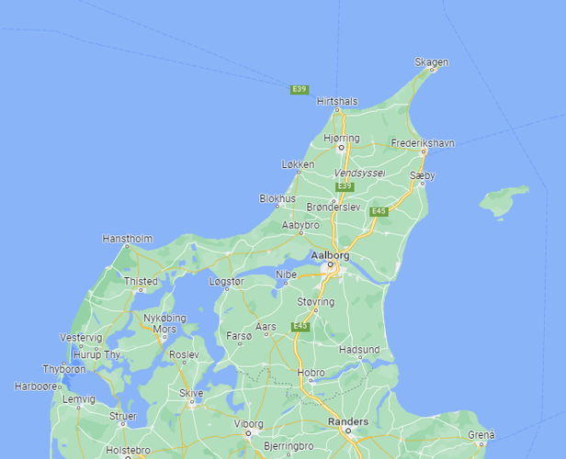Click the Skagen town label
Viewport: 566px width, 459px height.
pos(431,62)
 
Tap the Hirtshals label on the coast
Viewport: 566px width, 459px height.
pos(336,101)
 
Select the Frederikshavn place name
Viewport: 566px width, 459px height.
pos(423,143)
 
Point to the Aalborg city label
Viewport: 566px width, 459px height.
pos(330,254)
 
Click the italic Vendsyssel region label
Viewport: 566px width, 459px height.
pos(359,173)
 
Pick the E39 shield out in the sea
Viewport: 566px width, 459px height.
pos(299,89)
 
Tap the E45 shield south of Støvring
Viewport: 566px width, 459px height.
pos(300,326)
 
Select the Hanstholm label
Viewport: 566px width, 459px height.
pos(127,239)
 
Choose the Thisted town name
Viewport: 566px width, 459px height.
pos(141,281)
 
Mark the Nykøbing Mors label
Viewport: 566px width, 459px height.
pos(165,323)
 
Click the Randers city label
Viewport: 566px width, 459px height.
pos(348,421)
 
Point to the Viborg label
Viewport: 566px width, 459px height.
pos(248,424)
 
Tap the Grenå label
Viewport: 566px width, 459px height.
pos(481,434)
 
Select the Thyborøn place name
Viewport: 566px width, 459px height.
pos(64,369)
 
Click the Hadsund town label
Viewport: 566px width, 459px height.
pos(358,350)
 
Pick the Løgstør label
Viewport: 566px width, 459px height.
pos(227,282)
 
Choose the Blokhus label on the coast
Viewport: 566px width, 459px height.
pos(277,197)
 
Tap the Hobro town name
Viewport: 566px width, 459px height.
pos(311,373)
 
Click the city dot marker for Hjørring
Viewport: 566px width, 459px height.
pos(340,146)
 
